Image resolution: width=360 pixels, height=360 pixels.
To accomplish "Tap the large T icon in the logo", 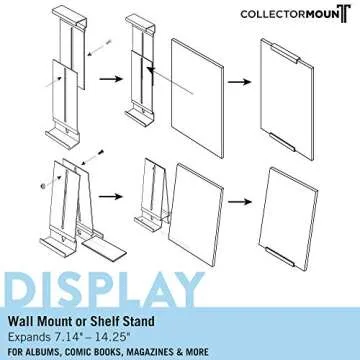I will (x=343, y=15).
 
